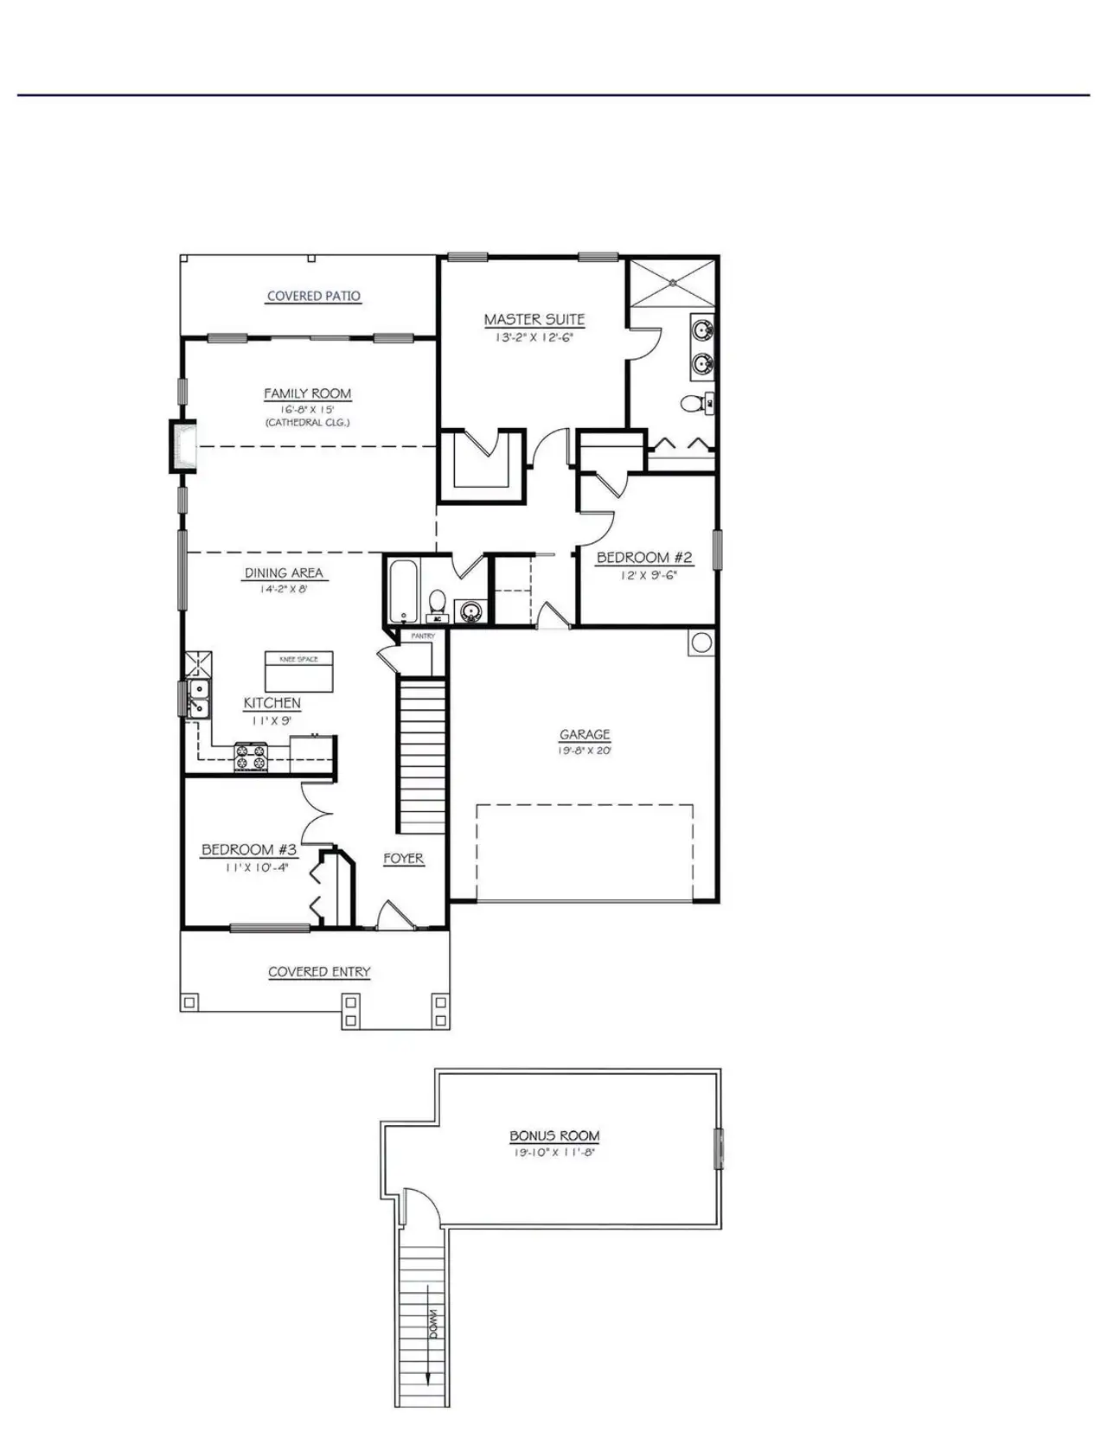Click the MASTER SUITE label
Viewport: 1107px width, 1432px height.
tap(534, 320)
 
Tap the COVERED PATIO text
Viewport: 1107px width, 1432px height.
tap(313, 296)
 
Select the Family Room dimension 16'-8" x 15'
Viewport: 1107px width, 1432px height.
tap(307, 409)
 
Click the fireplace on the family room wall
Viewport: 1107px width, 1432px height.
tap(182, 446)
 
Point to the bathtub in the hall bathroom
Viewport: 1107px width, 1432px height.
tap(402, 592)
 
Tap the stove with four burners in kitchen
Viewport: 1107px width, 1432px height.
tap(252, 758)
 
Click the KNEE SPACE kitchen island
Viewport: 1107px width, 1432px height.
tap(298, 671)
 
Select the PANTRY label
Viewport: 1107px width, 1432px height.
tap(422, 636)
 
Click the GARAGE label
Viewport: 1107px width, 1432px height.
tap(585, 735)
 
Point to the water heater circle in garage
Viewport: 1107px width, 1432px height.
tap(701, 642)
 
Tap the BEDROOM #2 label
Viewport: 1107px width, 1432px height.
tap(644, 558)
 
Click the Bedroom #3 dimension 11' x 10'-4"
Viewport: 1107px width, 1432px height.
tap(256, 866)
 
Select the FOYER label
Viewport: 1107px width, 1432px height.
tap(403, 859)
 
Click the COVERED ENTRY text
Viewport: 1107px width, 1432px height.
tap(318, 972)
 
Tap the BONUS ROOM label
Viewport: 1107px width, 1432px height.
tap(553, 1136)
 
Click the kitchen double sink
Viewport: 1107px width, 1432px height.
tap(198, 698)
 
